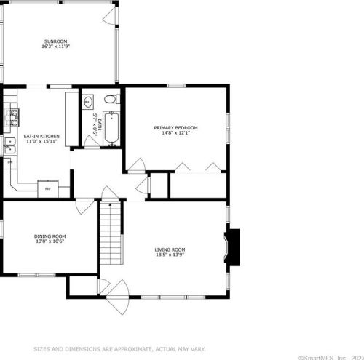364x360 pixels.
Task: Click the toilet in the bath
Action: pos(109,100)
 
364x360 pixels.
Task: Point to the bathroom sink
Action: pos(87,102)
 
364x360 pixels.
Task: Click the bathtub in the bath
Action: pos(111,129)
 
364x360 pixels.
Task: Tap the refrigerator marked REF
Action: pos(48,188)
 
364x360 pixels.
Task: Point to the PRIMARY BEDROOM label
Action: pos(175,128)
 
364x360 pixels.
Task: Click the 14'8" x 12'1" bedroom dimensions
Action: pos(175,134)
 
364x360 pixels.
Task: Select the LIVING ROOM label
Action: pos(170,250)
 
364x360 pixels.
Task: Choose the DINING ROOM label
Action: pos(50,236)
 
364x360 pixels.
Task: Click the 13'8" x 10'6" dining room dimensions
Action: pos(50,241)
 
